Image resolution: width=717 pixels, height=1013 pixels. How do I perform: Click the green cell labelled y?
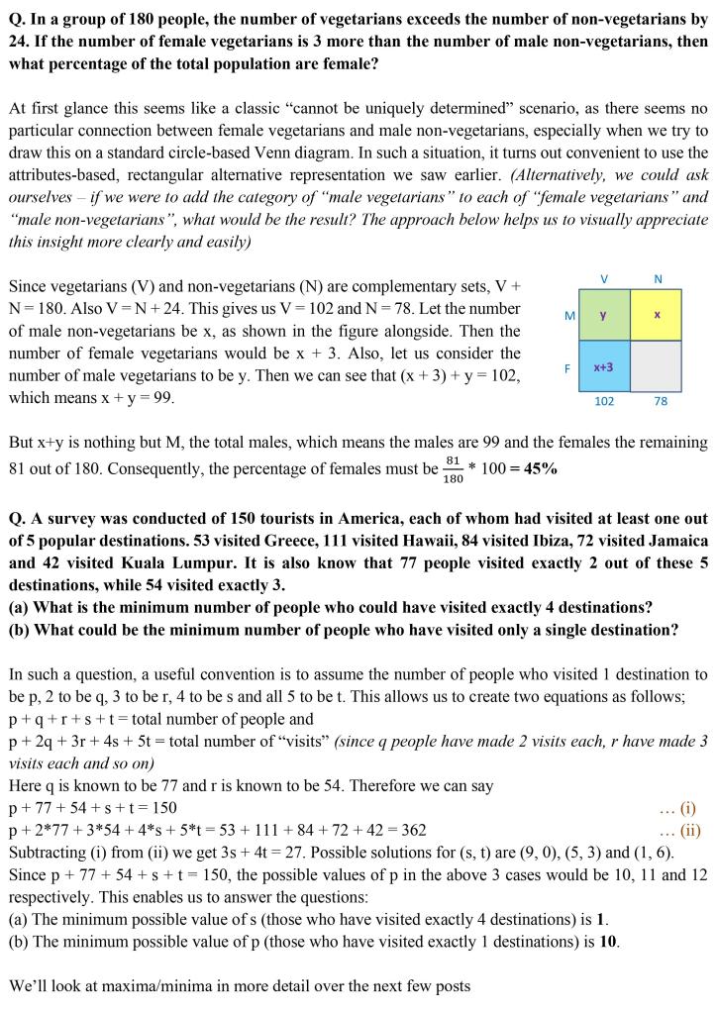(603, 315)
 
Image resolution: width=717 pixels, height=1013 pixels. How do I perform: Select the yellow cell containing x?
(657, 315)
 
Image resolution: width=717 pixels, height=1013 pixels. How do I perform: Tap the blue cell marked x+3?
(603, 367)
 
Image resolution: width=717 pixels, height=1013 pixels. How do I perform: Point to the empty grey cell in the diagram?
(657, 367)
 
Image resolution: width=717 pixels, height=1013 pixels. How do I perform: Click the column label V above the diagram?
(604, 278)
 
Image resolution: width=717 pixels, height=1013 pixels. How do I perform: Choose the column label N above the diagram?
(658, 278)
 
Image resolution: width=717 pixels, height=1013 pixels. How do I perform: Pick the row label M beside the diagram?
(569, 316)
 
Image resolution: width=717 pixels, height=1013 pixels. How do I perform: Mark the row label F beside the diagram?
(569, 367)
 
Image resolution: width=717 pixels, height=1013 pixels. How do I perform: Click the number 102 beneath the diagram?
(604, 402)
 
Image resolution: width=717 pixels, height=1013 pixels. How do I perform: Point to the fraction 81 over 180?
(453, 469)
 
